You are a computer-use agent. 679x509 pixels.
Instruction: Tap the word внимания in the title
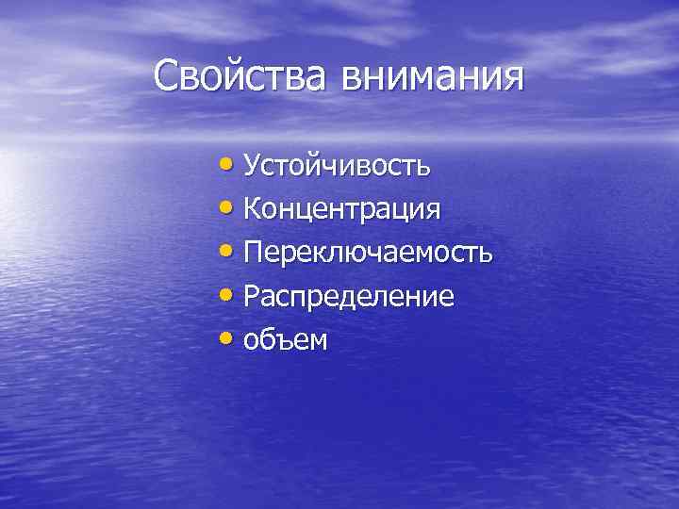point(429,74)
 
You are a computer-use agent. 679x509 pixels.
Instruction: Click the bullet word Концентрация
point(341,209)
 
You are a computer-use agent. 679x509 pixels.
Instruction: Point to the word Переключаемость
point(367,253)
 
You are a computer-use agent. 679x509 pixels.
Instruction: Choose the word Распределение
point(348,297)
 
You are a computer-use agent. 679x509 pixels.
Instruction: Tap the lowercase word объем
point(286,340)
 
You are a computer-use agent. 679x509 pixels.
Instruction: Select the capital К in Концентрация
point(253,208)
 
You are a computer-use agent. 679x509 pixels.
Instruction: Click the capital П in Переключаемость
point(254,252)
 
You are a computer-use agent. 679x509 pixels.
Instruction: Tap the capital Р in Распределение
point(252,296)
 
